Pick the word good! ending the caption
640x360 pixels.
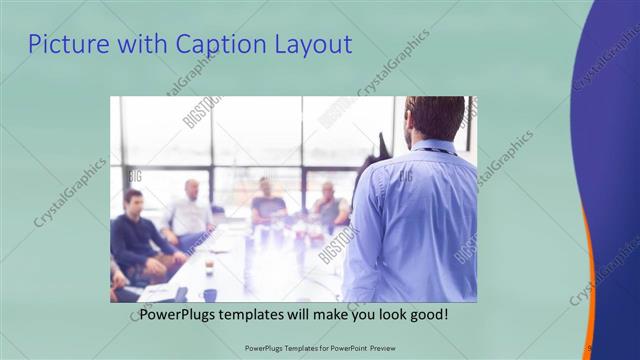click(x=426, y=315)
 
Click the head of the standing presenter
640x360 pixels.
click(x=436, y=117)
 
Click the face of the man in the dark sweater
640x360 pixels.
click(x=133, y=200)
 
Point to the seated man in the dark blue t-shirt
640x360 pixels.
click(x=267, y=200)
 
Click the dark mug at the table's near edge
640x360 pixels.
click(x=210, y=295)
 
